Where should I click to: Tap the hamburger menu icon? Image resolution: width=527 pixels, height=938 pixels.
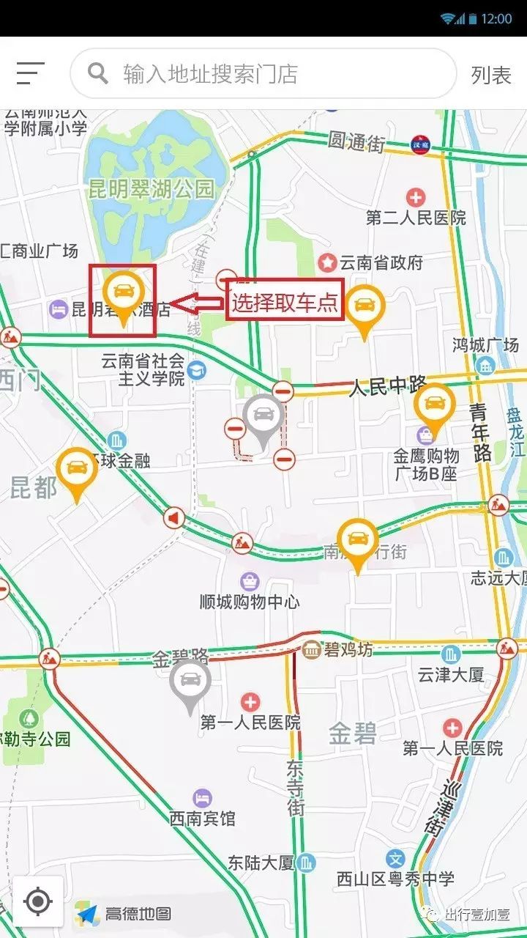click(x=31, y=73)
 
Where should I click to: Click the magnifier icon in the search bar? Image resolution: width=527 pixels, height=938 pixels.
click(x=98, y=73)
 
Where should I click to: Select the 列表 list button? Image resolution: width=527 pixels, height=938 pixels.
click(x=490, y=75)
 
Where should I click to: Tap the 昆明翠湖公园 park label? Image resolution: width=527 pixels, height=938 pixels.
click(x=152, y=190)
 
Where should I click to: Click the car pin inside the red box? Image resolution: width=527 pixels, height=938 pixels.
click(x=122, y=295)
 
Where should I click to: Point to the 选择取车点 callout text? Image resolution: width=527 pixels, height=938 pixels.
click(x=285, y=302)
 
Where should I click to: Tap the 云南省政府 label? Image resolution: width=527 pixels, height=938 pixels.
click(x=381, y=262)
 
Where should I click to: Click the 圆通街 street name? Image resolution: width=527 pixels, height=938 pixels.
click(x=356, y=142)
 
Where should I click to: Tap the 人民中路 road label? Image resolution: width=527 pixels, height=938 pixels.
click(x=388, y=385)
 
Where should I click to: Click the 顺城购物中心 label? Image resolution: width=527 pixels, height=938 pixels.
click(x=250, y=602)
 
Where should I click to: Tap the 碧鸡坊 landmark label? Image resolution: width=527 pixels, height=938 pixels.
click(x=348, y=649)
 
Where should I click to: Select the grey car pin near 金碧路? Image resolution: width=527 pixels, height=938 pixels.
click(x=190, y=684)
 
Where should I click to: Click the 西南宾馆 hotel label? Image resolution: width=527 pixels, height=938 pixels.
click(x=203, y=818)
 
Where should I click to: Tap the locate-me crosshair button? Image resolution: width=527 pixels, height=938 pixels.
click(x=38, y=901)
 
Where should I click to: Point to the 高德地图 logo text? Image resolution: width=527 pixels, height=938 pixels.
click(x=138, y=914)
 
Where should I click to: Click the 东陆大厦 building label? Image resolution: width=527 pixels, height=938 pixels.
click(x=261, y=863)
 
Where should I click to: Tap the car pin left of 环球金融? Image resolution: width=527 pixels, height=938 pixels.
click(x=77, y=471)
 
